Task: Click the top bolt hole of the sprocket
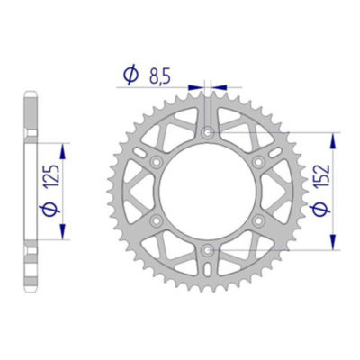click(x=209, y=132)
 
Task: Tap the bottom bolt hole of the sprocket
click(x=209, y=247)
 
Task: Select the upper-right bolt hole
click(x=259, y=161)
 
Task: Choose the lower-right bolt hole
click(x=259, y=219)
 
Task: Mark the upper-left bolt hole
click(x=158, y=161)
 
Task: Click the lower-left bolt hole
click(x=158, y=219)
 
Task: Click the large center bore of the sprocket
click(x=209, y=190)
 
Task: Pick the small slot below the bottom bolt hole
click(x=209, y=265)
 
